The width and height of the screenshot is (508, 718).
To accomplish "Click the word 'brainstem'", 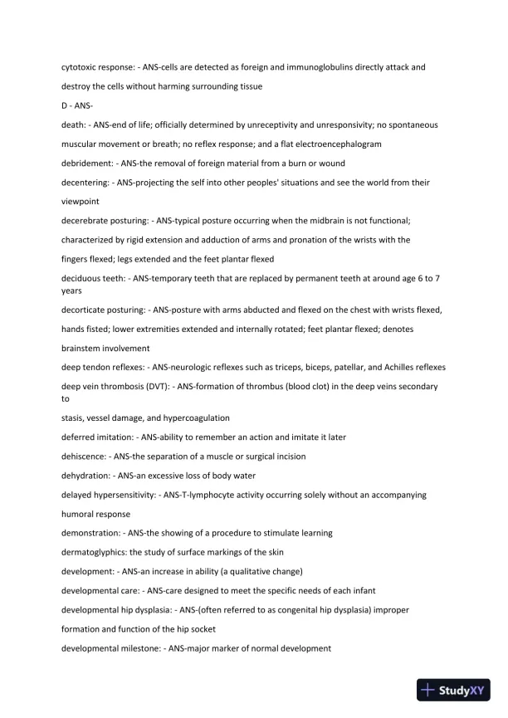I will pyautogui.click(x=84, y=348).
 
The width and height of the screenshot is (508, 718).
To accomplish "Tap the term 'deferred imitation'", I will pyautogui.click(x=95, y=437).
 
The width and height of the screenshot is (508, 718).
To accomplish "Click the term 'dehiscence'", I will pyautogui.click(x=85, y=457).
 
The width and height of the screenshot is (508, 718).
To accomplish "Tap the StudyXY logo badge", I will pyautogui.click(x=452, y=689).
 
